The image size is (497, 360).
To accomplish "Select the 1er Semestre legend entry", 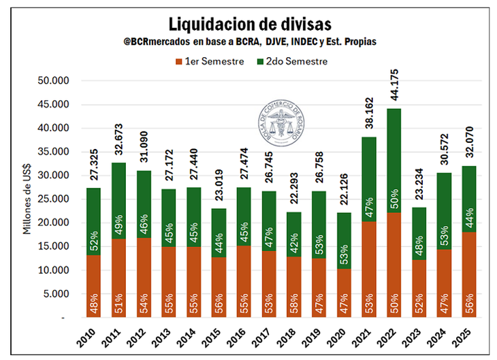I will (214, 61).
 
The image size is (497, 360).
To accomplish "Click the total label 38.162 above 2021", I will (369, 113).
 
